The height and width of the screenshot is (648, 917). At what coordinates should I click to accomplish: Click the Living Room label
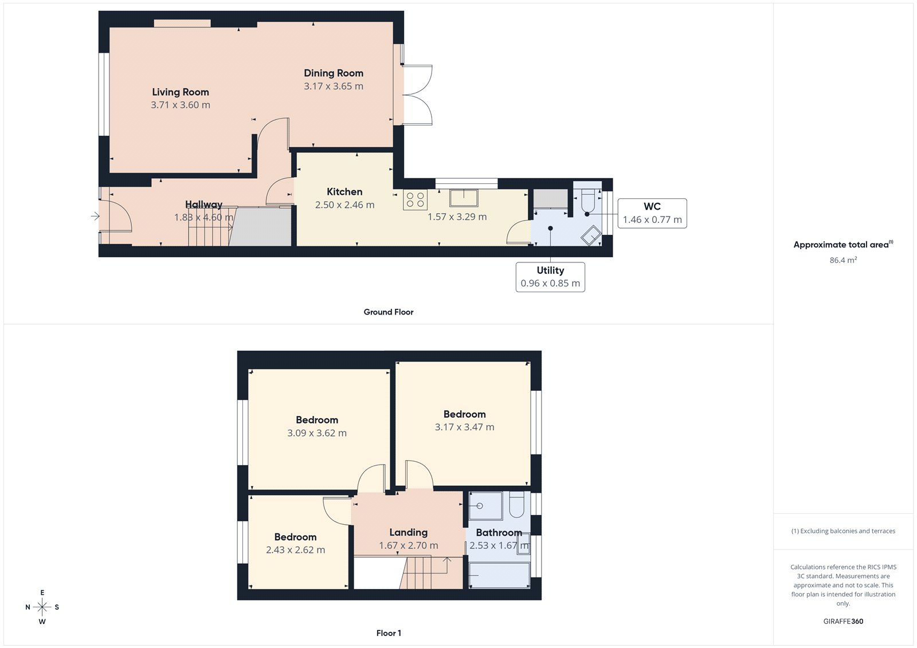coord(180,92)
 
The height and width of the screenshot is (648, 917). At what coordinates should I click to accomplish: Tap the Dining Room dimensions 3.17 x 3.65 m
coord(333,87)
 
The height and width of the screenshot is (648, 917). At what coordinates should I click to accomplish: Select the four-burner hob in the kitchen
coord(415,200)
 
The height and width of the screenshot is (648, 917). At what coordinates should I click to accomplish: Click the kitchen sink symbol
coord(464,198)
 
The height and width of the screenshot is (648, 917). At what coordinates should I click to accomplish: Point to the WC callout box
coord(652,213)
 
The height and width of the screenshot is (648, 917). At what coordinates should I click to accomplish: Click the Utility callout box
coord(550,277)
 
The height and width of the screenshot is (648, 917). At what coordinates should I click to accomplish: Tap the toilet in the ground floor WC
coord(588,201)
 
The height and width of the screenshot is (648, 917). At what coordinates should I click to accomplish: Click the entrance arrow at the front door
coord(95,216)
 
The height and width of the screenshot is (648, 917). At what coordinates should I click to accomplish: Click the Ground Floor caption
coord(388,312)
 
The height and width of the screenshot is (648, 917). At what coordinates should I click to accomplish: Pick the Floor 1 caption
coord(389,633)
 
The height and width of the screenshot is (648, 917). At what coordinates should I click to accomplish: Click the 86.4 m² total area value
coord(843,260)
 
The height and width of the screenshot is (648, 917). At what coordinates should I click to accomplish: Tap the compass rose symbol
coord(42,607)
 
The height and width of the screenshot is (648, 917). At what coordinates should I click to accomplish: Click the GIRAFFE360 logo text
coord(843,621)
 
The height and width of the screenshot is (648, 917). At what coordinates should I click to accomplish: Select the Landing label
coord(408,533)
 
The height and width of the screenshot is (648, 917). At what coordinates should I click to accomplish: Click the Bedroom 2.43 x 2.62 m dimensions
coord(295,550)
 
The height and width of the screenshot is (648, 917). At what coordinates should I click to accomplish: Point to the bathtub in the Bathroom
coord(499,575)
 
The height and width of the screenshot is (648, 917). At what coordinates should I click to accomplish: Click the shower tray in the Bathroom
coord(485,506)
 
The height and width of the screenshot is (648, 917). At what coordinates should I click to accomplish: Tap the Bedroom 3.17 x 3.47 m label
coord(464,414)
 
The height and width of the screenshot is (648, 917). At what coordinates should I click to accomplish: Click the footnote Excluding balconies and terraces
coord(843,531)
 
